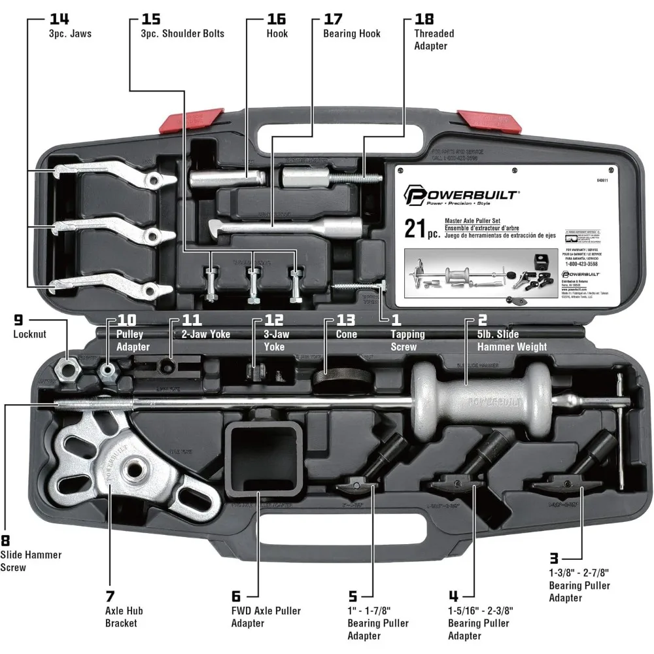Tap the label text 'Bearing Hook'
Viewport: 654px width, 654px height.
tap(351, 33)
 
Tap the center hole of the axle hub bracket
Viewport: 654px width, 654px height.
tap(137, 471)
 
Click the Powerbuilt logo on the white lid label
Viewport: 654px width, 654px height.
tap(461, 194)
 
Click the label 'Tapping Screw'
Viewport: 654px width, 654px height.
tap(408, 340)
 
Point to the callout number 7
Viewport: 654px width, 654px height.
tap(110, 596)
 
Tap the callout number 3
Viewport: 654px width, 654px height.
tap(553, 558)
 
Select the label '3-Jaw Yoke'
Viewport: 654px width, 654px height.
tap(275, 340)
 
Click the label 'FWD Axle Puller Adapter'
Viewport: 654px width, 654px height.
tap(266, 617)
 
